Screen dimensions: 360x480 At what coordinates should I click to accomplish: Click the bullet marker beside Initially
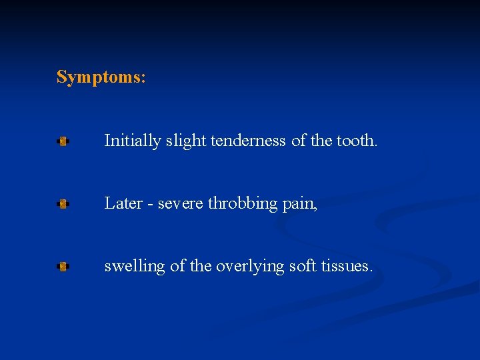tap(63, 141)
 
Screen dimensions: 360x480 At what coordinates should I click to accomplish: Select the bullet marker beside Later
tap(63, 204)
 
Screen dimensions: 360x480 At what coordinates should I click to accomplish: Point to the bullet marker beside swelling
tap(63, 267)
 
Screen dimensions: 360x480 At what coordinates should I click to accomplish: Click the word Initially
tap(132, 141)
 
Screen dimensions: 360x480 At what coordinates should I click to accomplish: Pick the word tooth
tap(357, 141)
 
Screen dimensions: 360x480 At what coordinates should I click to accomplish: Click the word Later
tap(122, 203)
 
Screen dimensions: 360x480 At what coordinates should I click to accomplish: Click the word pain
tap(300, 204)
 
